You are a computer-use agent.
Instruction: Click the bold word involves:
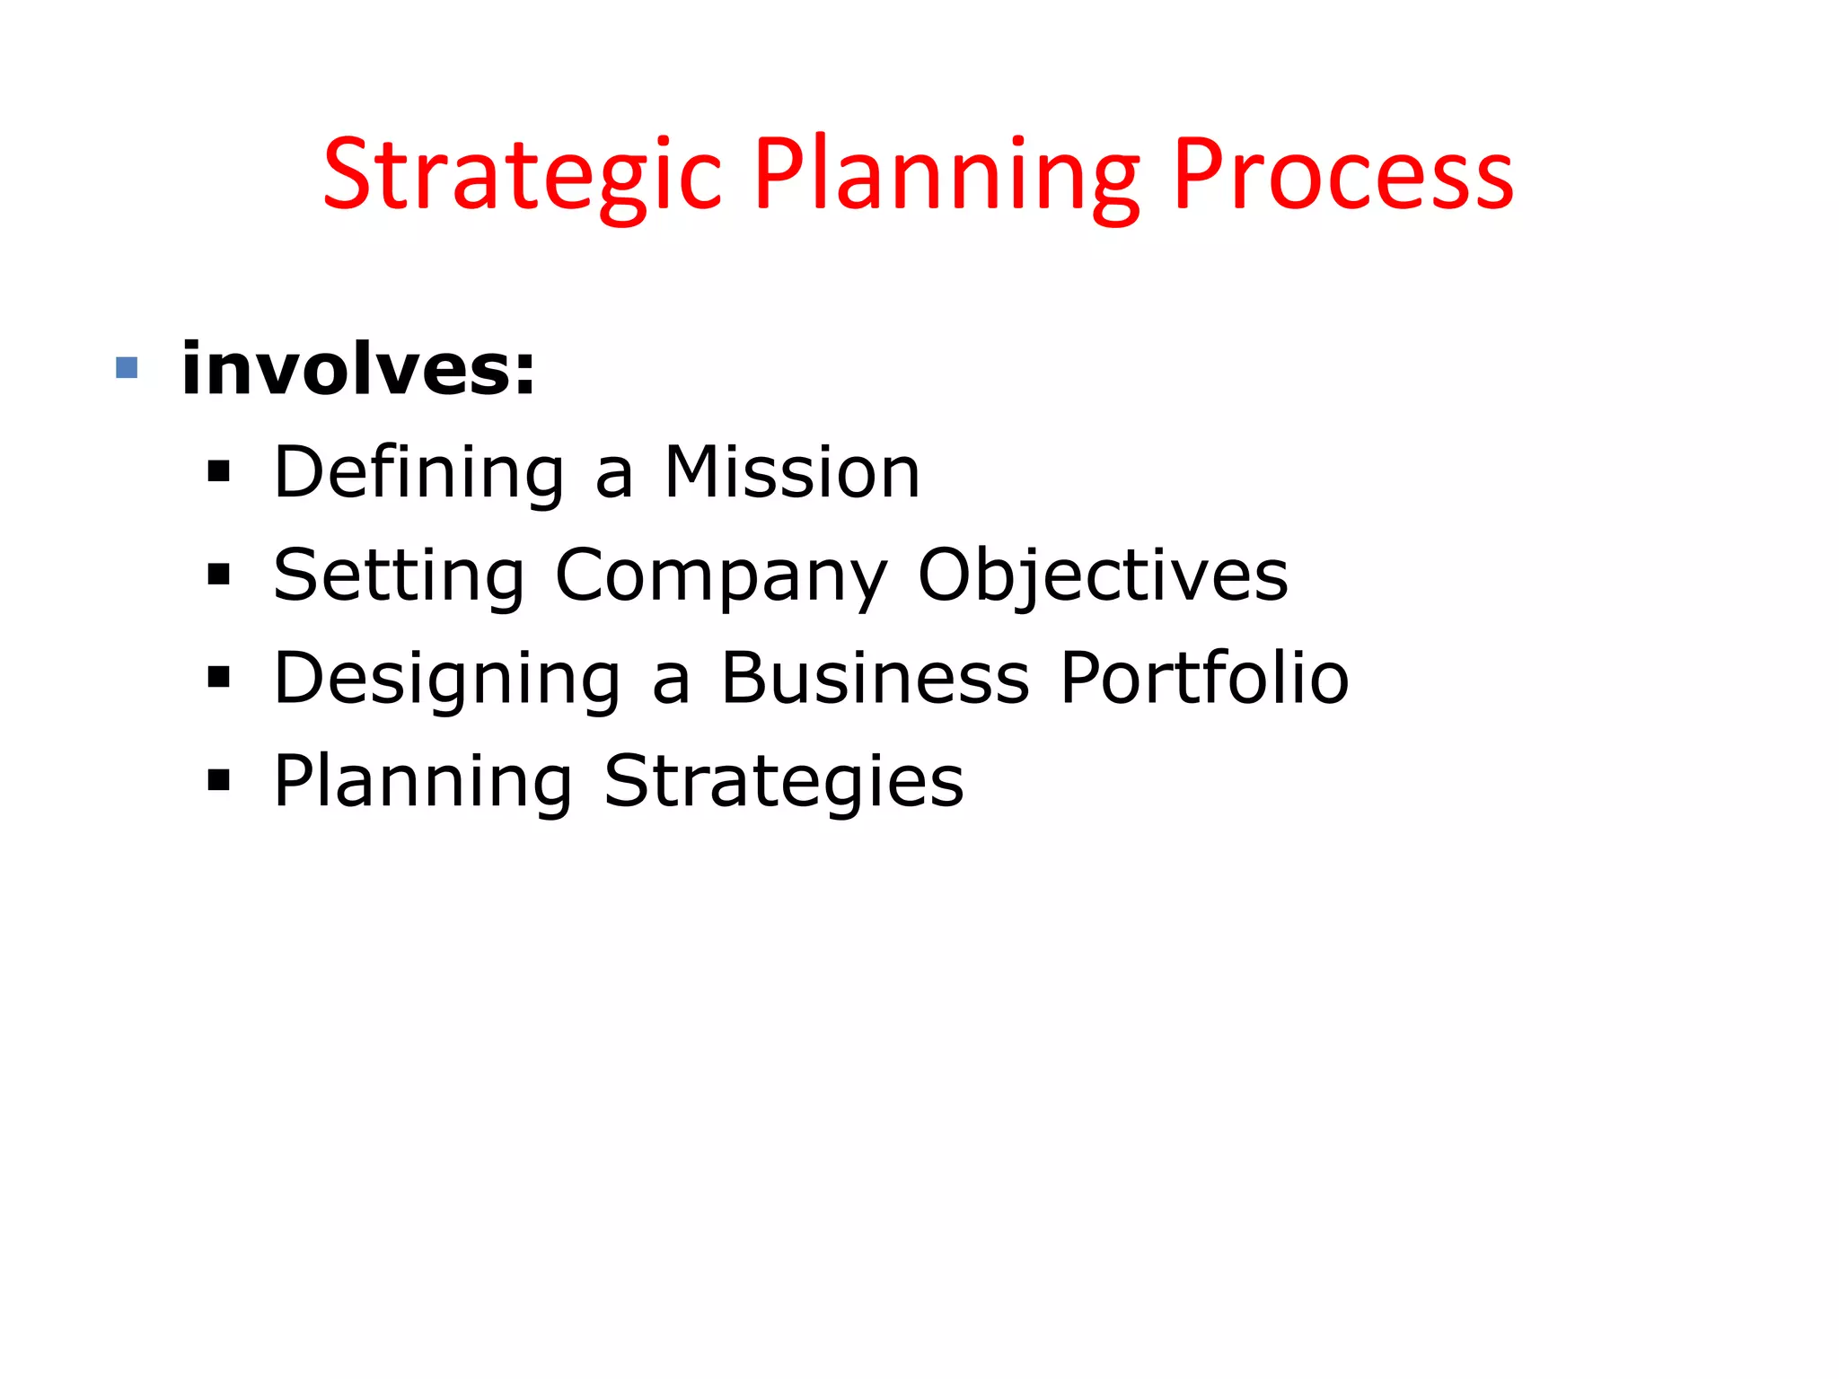(358, 369)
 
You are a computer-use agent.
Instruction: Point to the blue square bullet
(127, 368)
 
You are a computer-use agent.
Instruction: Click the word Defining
(419, 473)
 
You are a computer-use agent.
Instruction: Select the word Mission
(792, 473)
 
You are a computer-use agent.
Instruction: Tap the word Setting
(399, 576)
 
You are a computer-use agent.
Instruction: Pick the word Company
(721, 576)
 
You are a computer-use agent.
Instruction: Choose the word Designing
(447, 680)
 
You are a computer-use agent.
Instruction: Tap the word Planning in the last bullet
(423, 782)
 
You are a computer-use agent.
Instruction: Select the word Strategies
(784, 782)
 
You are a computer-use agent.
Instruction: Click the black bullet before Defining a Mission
(218, 472)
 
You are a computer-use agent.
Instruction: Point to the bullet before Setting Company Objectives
(218, 575)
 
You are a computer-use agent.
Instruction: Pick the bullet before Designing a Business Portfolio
(218, 678)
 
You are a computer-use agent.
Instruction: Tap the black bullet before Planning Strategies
(218, 780)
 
